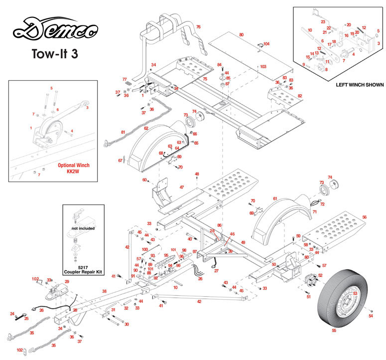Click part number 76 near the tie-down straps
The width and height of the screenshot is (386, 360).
pos(198,26)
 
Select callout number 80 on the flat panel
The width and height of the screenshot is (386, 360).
pos(241,35)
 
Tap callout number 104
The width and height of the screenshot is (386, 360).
pos(266,44)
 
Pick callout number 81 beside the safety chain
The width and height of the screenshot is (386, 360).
pos(123,132)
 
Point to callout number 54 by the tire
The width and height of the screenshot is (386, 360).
pos(370,316)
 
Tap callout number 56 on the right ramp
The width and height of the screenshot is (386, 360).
pos(365,217)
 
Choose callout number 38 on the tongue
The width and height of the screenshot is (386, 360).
pos(104,291)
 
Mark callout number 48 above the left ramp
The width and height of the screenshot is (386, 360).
pos(197,174)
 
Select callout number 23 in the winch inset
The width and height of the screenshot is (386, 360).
pos(323,22)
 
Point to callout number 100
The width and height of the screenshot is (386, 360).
pos(145,249)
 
